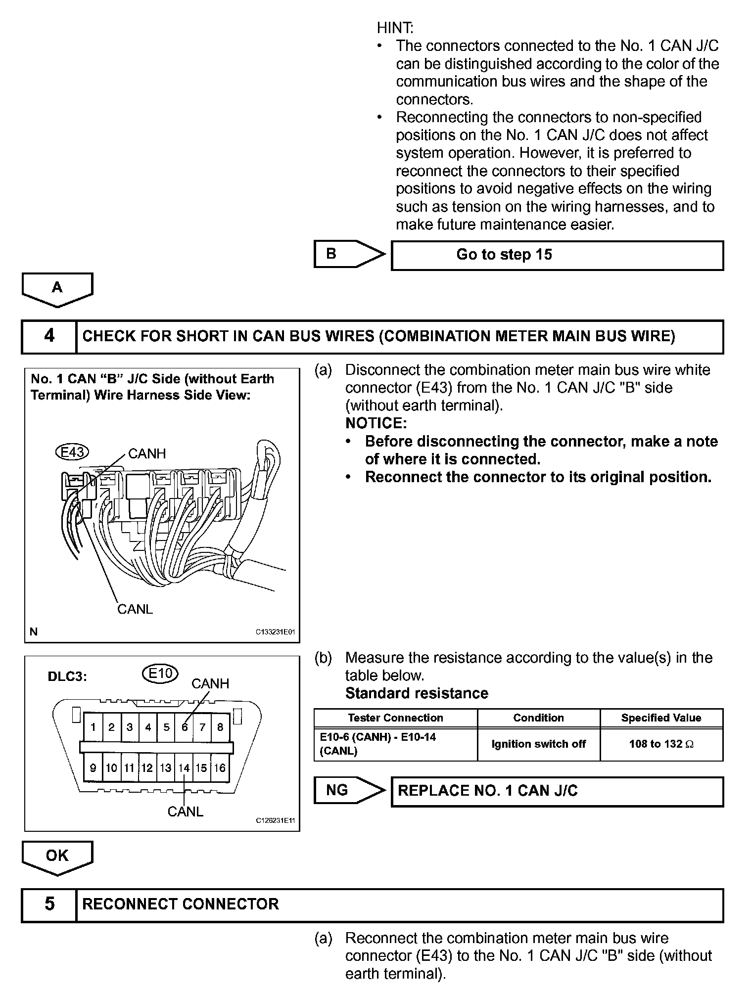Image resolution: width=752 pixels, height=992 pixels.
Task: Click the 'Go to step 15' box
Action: pos(557,255)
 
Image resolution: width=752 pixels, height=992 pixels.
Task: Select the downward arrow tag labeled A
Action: pos(57,288)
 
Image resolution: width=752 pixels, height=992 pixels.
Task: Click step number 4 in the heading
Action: pos(49,336)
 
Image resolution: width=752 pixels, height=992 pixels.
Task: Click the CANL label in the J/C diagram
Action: pos(135,609)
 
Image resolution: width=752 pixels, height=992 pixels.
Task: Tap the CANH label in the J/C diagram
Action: pos(147,453)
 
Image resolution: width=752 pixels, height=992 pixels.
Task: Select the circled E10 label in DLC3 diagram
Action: pos(160,673)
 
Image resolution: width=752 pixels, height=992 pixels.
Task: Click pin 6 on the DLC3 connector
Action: pos(185,727)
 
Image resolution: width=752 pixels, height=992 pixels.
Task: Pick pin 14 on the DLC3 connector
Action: pos(184,768)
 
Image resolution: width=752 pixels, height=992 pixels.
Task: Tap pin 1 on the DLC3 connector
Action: pos(93,727)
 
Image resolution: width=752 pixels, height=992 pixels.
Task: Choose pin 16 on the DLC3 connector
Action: pos(220,768)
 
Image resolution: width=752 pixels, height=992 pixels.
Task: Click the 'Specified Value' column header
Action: pos(661,718)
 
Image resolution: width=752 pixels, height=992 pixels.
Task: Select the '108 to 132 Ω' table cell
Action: pos(661,744)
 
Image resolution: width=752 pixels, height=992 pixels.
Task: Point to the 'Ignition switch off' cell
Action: pos(538,744)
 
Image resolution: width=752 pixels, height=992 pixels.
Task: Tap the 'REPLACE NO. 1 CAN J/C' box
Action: pos(557,791)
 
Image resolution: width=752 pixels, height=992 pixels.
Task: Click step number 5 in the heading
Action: pos(49,904)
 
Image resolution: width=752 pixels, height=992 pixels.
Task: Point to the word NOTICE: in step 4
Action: pos(376,423)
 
